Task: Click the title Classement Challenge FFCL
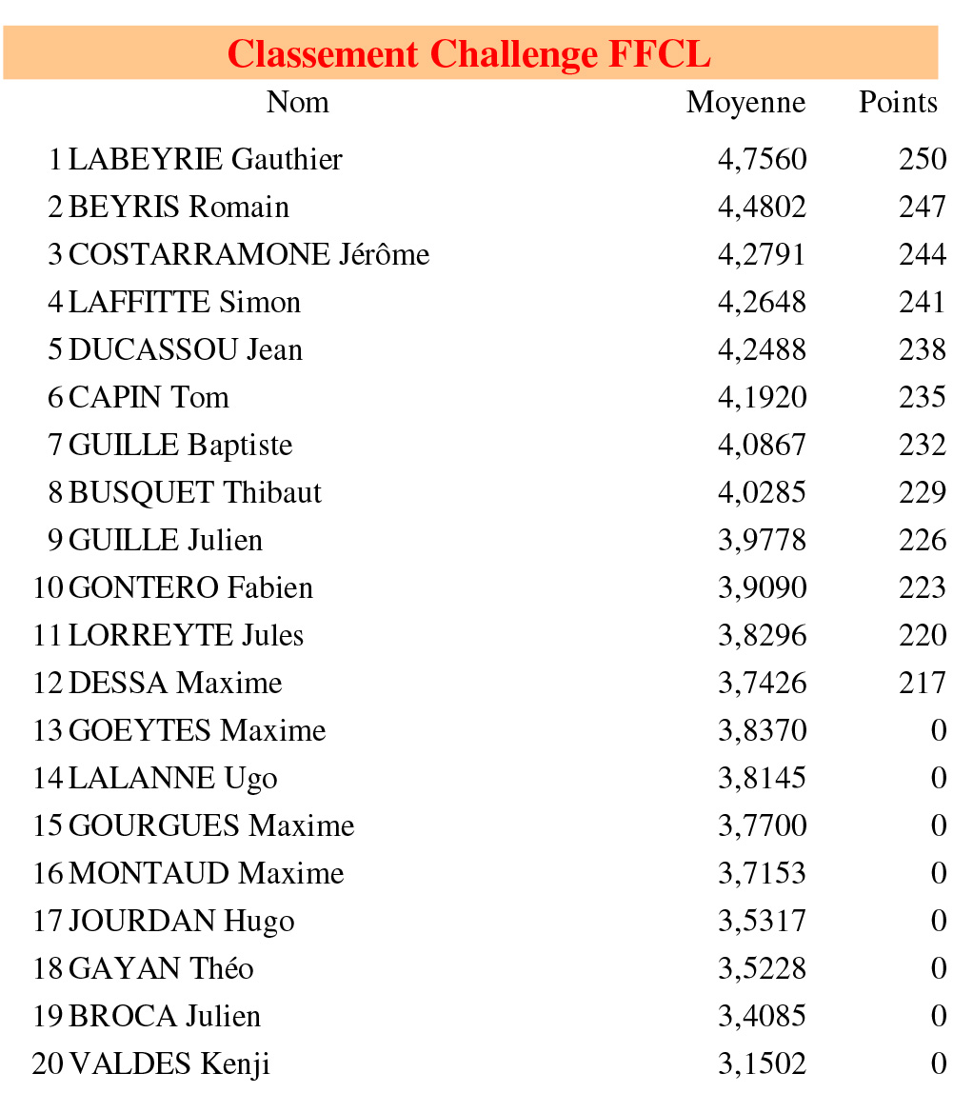click(469, 53)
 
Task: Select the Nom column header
click(297, 102)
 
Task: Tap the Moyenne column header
click(745, 103)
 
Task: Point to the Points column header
click(898, 103)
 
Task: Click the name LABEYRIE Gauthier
click(205, 159)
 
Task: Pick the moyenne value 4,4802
click(762, 207)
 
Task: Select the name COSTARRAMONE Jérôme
click(248, 254)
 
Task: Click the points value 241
click(922, 302)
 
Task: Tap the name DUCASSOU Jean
click(186, 349)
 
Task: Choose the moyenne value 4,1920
click(762, 397)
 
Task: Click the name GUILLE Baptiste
click(181, 445)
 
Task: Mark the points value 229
click(922, 492)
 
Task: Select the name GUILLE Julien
click(166, 540)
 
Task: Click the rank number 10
click(48, 587)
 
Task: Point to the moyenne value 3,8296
click(762, 635)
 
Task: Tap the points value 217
click(922, 683)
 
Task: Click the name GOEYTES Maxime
click(197, 730)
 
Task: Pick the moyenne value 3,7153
click(762, 873)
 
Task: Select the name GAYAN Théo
click(161, 968)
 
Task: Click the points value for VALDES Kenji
click(939, 1063)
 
